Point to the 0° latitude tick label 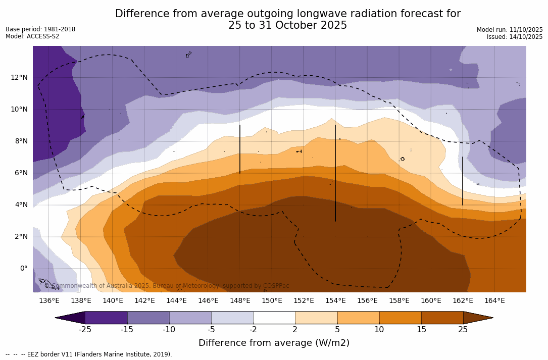click(23, 268)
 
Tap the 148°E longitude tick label click(240, 301)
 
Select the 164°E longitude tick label click(494, 301)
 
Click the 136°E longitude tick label click(49, 301)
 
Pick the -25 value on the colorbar click(85, 330)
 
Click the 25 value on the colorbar click(463, 330)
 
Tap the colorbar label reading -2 click(253, 330)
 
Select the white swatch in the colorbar click(274, 318)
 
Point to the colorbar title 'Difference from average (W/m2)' click(274, 343)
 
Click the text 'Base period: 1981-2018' click(40, 29)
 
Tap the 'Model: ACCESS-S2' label click(32, 36)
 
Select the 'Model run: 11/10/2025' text click(510, 30)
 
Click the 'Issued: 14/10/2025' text click(515, 37)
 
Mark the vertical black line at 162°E click(463, 181)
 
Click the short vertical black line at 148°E click(240, 149)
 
